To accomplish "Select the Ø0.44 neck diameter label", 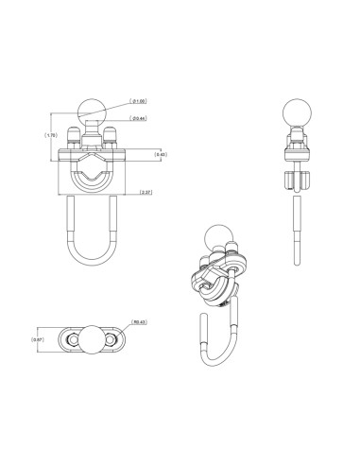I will click(138, 118).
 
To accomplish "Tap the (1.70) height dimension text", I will click(53, 136).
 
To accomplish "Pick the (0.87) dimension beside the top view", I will click(38, 338).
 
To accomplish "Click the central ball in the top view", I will click(92, 338).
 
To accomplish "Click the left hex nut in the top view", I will click(70, 338).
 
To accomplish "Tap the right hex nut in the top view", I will click(114, 338).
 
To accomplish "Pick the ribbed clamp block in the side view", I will click(294, 179).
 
